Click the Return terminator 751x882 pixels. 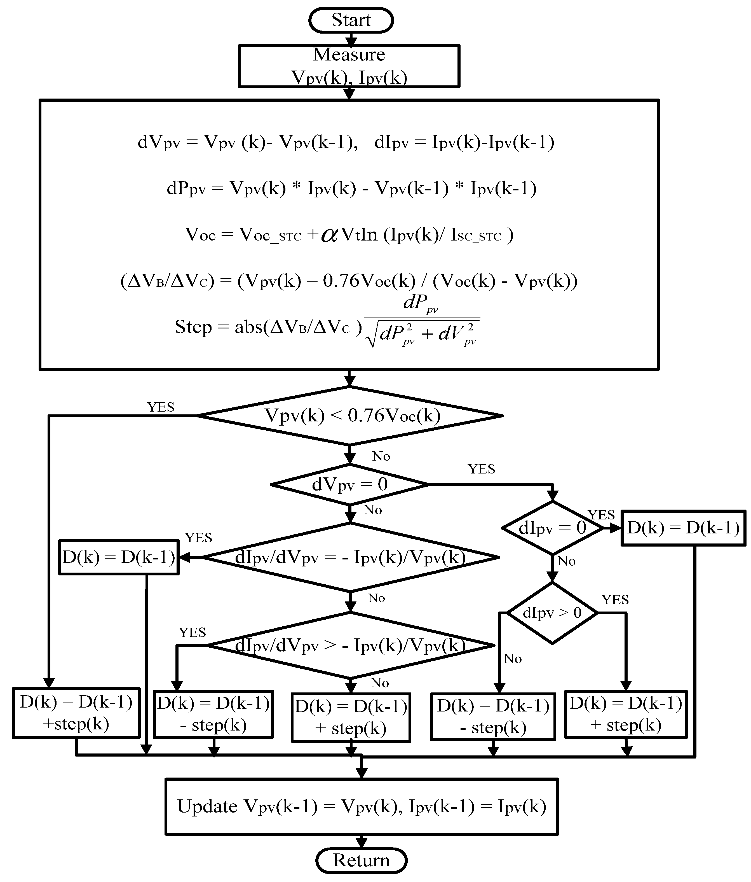point(361,860)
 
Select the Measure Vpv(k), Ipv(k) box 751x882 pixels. point(349,66)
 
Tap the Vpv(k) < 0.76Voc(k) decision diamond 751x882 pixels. point(350,416)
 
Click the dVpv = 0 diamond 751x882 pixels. point(350,484)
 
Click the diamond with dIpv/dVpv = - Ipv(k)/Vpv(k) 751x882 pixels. point(350,557)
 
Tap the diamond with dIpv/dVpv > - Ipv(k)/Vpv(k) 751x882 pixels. point(350,646)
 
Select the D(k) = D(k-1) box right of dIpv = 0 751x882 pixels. point(683,528)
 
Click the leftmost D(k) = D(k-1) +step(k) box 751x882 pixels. point(76,713)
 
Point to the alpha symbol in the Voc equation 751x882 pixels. point(329,235)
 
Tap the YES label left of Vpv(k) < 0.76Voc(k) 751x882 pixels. point(161,407)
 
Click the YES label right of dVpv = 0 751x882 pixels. point(481,469)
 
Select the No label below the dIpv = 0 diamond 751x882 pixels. point(566,561)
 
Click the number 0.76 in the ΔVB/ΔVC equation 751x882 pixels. point(341,281)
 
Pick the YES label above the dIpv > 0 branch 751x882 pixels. point(615,600)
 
